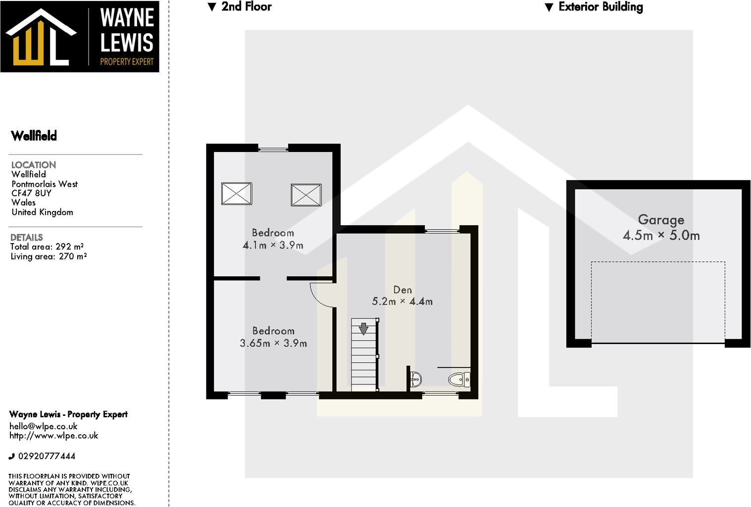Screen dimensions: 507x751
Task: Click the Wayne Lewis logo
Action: tap(79, 37)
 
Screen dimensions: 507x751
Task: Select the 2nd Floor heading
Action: tap(246, 7)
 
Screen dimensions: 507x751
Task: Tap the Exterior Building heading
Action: tap(600, 7)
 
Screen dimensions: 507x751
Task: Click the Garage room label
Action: tap(661, 219)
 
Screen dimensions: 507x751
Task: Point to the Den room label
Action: tap(402, 290)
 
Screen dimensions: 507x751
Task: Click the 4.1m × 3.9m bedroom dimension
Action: tap(273, 245)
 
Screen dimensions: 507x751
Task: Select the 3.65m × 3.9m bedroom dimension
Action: tap(273, 343)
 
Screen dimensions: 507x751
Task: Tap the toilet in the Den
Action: tap(459, 380)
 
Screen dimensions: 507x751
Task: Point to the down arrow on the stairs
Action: tap(363, 328)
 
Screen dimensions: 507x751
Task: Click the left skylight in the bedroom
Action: tap(237, 194)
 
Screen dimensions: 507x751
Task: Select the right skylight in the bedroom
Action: tap(306, 195)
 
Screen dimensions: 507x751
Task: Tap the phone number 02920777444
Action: tap(47, 456)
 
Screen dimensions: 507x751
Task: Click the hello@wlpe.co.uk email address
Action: tap(44, 426)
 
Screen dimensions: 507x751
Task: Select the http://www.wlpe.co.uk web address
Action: tap(53, 436)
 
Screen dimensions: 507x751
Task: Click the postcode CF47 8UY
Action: tap(31, 193)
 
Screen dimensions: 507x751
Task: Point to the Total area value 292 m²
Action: tap(69, 247)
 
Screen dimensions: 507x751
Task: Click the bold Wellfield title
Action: tap(34, 136)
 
